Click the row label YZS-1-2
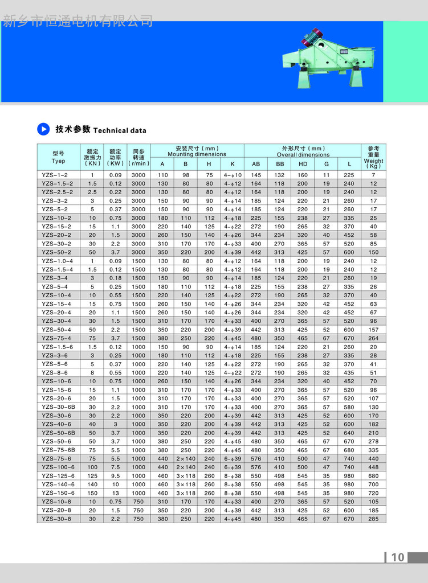click(55, 175)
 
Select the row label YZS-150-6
click(58, 493)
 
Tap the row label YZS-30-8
click(56, 519)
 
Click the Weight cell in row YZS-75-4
click(373, 338)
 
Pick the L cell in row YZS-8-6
click(349, 372)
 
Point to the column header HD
click(303, 164)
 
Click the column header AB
click(256, 164)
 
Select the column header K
click(233, 164)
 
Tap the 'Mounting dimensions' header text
click(197, 154)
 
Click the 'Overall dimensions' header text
click(303, 155)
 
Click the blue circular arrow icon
click(44, 129)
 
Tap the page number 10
click(398, 557)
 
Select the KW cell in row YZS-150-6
click(115, 493)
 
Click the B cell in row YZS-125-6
click(186, 476)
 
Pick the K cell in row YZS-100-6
click(233, 467)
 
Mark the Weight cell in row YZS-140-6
click(373, 485)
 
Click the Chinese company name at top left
click(78, 22)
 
